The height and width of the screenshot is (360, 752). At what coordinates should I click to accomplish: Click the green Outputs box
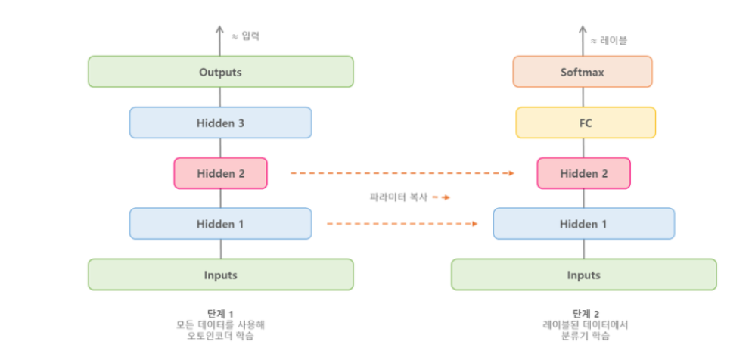click(220, 72)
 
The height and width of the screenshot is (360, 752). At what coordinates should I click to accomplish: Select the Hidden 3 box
click(220, 123)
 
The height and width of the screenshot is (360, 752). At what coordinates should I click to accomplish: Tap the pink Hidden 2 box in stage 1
click(220, 173)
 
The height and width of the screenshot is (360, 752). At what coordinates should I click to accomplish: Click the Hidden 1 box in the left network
click(220, 224)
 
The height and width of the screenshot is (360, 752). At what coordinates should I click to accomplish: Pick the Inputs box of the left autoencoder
click(220, 275)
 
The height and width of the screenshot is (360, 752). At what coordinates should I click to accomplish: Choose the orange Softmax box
click(583, 72)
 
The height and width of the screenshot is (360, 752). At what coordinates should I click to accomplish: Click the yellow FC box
click(585, 123)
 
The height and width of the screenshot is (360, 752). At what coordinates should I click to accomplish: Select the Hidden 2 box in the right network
click(583, 173)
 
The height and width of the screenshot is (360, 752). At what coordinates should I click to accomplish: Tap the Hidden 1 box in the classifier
click(583, 224)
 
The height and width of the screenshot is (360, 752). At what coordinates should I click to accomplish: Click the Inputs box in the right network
click(583, 275)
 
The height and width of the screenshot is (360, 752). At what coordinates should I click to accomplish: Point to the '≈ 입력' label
click(245, 36)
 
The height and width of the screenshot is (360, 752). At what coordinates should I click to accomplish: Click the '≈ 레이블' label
click(609, 40)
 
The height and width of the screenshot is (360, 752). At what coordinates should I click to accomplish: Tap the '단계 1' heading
click(220, 313)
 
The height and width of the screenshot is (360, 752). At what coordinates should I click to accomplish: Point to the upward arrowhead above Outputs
click(220, 30)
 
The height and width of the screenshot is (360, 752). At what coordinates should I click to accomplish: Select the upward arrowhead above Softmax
click(583, 30)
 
